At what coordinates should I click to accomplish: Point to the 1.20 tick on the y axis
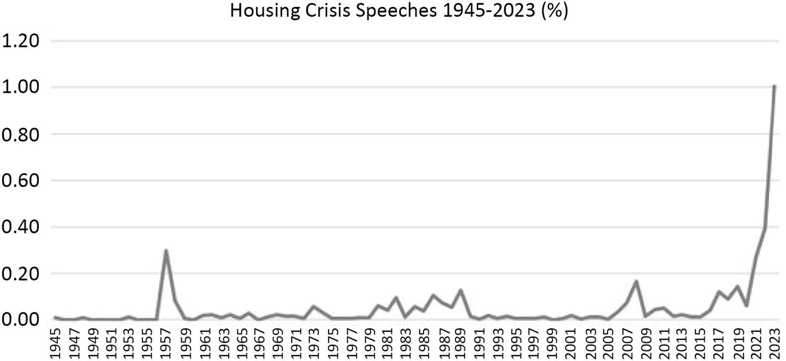click(x=21, y=41)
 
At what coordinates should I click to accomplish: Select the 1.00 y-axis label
click(x=21, y=88)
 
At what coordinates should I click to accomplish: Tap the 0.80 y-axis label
click(x=21, y=134)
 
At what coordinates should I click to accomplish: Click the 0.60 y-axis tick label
click(x=21, y=180)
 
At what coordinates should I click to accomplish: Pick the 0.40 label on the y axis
click(x=21, y=227)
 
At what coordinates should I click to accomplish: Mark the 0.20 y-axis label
click(x=21, y=273)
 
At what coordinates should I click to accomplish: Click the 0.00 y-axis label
click(x=21, y=320)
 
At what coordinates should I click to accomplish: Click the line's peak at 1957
click(x=166, y=250)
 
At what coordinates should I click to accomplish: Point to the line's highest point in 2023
click(x=775, y=86)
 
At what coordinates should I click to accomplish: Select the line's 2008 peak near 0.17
click(x=636, y=281)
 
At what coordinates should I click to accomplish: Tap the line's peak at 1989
click(x=461, y=290)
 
